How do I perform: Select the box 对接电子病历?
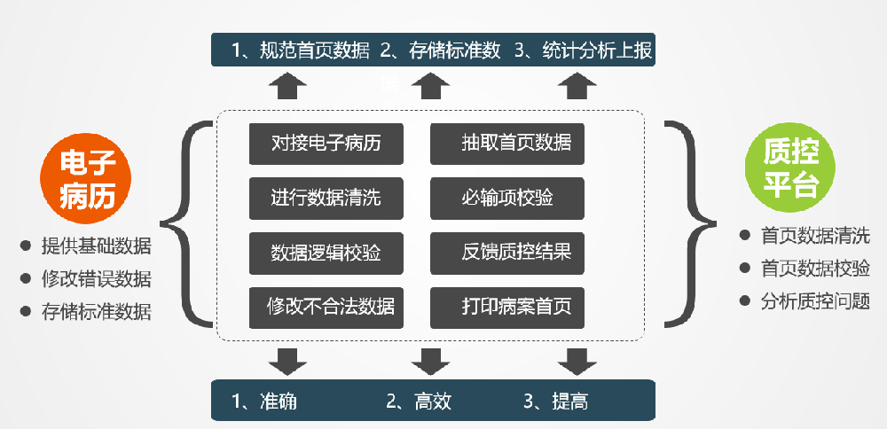pyautogui.click(x=326, y=144)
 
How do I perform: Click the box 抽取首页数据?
pyautogui.click(x=507, y=144)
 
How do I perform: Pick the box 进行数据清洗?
pyautogui.click(x=326, y=198)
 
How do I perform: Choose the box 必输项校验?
pyautogui.click(x=507, y=198)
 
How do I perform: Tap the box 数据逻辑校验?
pyautogui.click(x=326, y=253)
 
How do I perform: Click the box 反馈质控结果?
pyautogui.click(x=507, y=253)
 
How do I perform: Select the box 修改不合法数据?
pyautogui.click(x=326, y=308)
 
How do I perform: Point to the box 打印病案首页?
pyautogui.click(x=507, y=308)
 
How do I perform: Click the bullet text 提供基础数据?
pyautogui.click(x=96, y=246)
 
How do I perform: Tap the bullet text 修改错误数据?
pyautogui.click(x=96, y=279)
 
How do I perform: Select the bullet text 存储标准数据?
pyautogui.click(x=96, y=312)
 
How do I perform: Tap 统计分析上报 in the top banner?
pyautogui.click(x=596, y=51)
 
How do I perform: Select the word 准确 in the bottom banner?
pyautogui.click(x=278, y=402)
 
